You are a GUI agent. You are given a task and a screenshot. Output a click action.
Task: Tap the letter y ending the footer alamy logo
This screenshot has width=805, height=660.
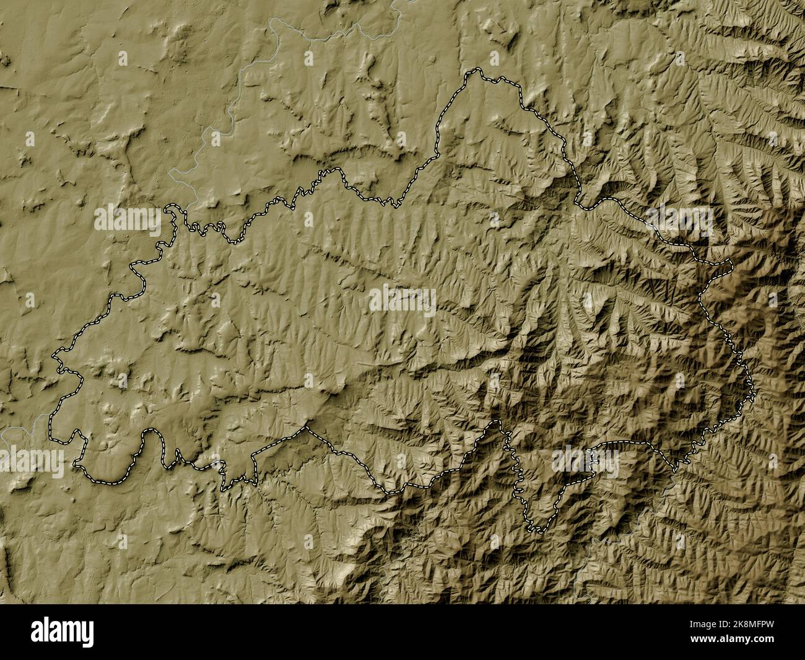(89, 633)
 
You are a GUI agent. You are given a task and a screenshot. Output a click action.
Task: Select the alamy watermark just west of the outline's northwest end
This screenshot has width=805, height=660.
(127, 220)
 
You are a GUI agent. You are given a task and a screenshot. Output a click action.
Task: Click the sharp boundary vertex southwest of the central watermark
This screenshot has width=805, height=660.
(306, 427)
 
